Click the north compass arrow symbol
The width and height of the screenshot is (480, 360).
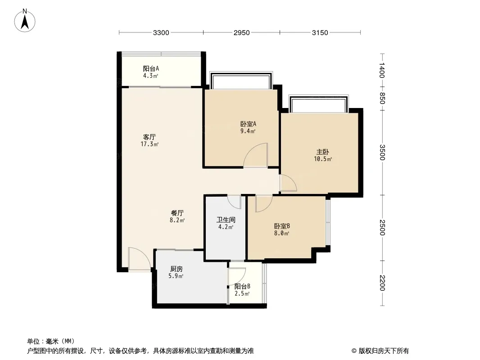[x=25, y=21]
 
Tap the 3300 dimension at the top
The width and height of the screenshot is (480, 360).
[x=161, y=32]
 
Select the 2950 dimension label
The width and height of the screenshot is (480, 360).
[x=241, y=32]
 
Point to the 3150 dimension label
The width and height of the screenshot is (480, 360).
[x=320, y=32]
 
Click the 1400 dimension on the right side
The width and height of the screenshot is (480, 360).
[x=382, y=70]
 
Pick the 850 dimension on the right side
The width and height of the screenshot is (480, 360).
[x=382, y=98]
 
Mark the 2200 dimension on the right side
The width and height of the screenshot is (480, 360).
[x=382, y=283]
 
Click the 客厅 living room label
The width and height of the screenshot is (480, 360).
[x=149, y=137]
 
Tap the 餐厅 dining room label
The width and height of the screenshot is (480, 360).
[x=177, y=213]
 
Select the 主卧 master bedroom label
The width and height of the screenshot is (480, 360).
[x=323, y=152]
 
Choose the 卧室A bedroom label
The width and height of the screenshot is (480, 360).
[x=248, y=124]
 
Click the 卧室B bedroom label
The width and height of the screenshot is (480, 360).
[x=281, y=226]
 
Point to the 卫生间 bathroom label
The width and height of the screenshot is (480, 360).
[x=226, y=220]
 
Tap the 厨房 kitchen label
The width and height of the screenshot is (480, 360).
[x=177, y=269]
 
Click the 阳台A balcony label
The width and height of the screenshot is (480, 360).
[x=151, y=68]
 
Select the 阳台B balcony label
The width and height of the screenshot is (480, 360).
[x=242, y=287]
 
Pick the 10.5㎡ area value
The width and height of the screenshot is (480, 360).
[x=323, y=159]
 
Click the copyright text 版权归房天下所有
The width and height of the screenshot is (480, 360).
[x=384, y=351]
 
